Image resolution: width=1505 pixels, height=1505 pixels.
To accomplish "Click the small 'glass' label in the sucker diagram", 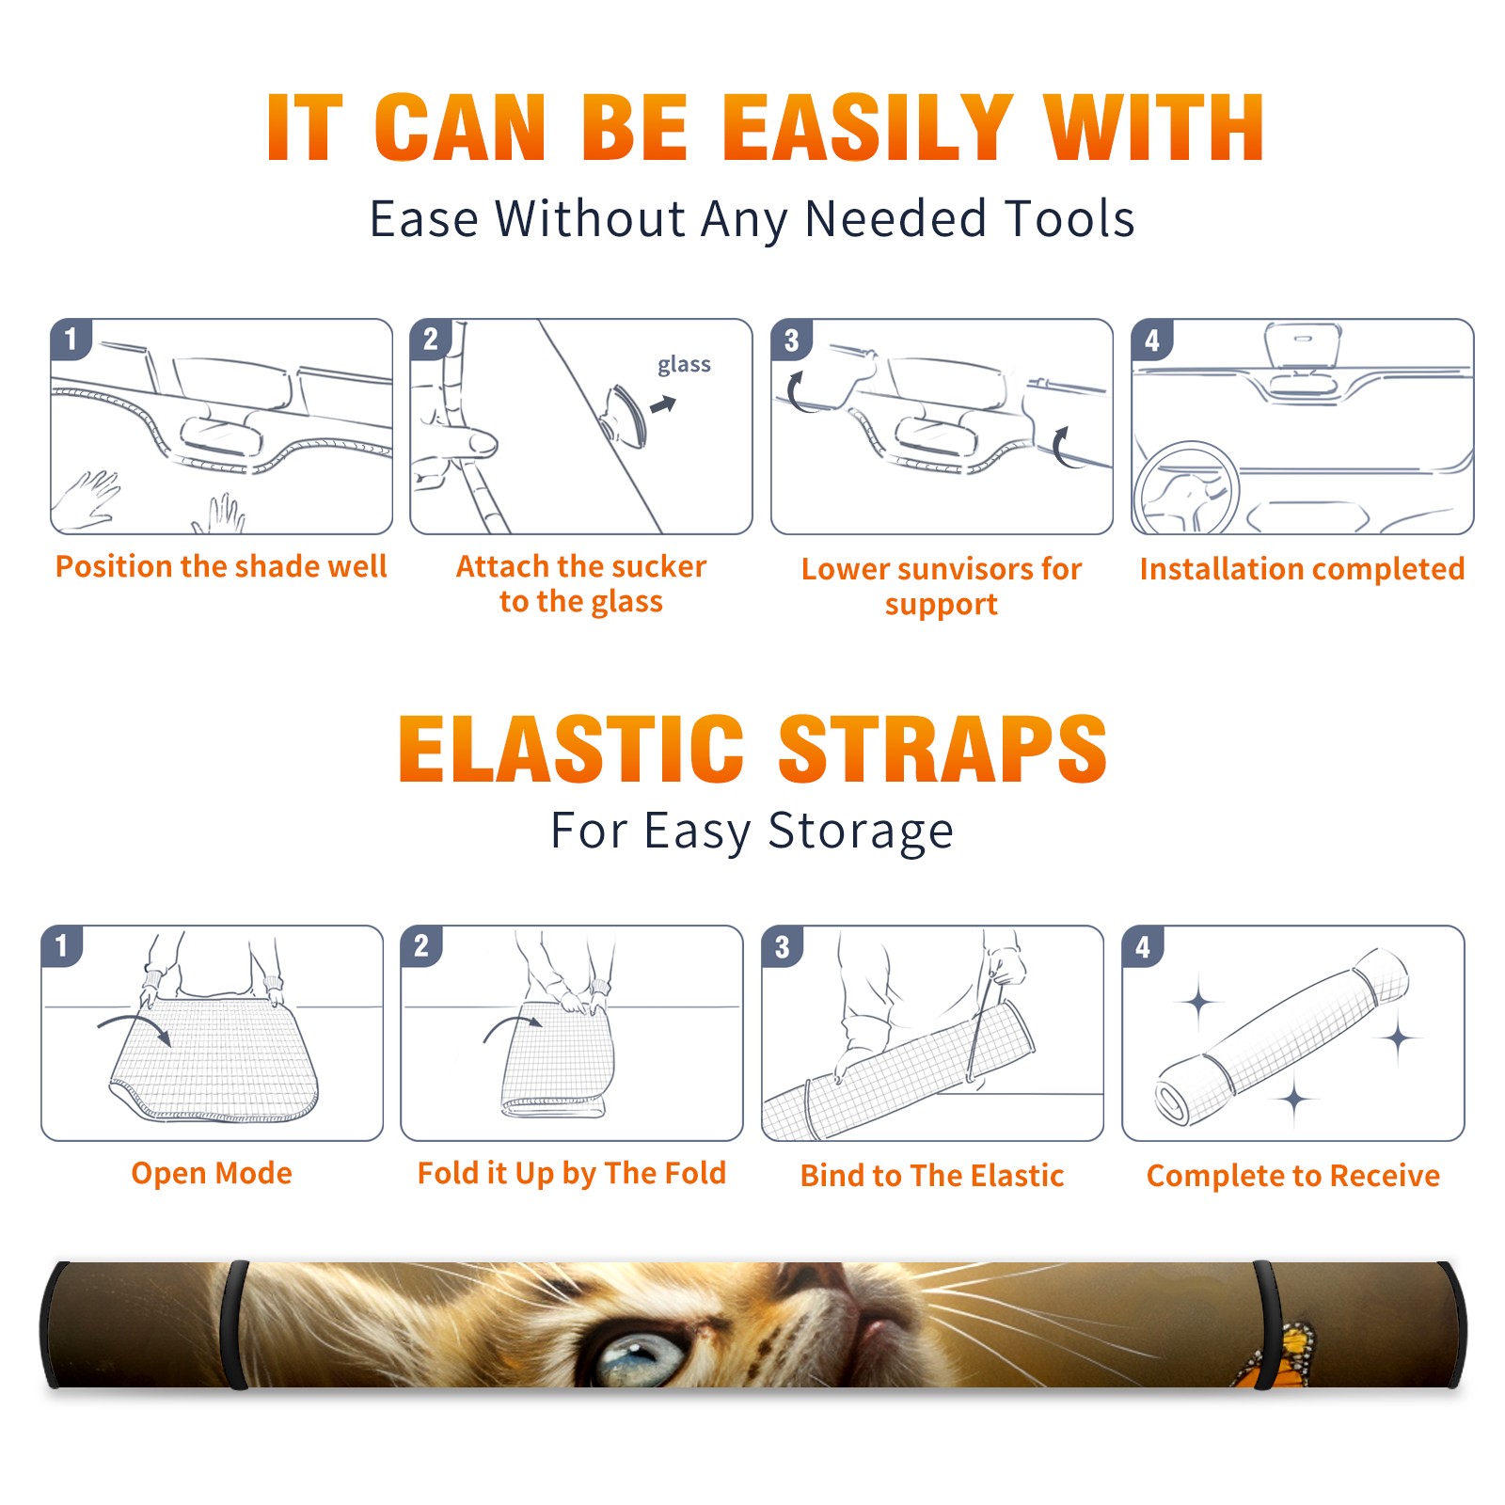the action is [x=684, y=365].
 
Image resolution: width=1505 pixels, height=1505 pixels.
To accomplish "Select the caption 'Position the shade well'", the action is [x=221, y=566].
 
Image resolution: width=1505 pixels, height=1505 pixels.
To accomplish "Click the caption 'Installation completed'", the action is [x=1302, y=568].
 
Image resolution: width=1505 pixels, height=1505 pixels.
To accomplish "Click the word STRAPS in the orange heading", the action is [x=943, y=749].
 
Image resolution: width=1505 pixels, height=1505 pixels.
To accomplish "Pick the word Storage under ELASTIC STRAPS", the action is [x=861, y=832].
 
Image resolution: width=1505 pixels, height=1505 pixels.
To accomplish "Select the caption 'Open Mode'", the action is [x=212, y=1173].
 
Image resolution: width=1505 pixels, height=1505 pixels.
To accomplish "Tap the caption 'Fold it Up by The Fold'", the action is [x=572, y=1173].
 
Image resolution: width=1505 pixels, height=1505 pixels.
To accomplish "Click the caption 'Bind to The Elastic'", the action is [x=932, y=1175].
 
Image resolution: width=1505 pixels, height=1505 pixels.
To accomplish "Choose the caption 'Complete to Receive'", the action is [x=1293, y=1175].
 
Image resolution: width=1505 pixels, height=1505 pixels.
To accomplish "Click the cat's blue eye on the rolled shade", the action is [x=640, y=1357].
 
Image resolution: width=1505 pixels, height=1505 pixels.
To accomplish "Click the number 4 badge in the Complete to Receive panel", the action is [x=1143, y=946].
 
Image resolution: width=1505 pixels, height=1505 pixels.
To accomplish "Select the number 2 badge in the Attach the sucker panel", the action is [x=431, y=339].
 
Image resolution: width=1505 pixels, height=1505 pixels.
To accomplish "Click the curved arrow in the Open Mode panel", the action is [x=135, y=1027].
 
